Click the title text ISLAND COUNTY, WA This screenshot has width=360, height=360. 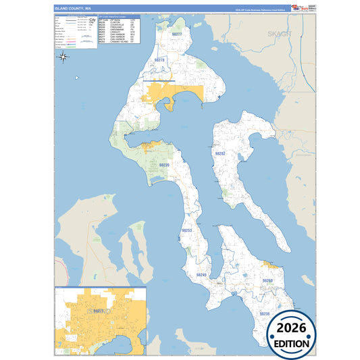72,8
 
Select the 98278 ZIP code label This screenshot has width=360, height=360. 159,60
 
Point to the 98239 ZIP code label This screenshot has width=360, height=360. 164,165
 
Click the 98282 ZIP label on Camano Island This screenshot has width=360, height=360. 220,154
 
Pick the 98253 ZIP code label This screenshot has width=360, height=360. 187,231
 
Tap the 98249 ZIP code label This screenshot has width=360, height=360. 201,275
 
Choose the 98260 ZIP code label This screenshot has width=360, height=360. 267,280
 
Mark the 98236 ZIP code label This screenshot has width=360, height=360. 263,314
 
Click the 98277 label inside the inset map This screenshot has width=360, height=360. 99,311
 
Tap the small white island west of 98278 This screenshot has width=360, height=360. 77,78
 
